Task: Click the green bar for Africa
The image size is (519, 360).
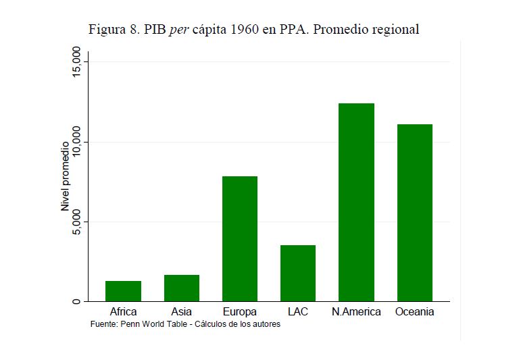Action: (x=123, y=291)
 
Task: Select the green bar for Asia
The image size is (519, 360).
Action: (x=181, y=288)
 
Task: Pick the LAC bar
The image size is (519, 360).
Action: (x=297, y=273)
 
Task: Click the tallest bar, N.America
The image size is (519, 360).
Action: (x=356, y=202)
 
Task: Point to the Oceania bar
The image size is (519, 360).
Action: (x=414, y=213)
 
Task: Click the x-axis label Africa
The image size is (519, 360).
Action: (x=123, y=312)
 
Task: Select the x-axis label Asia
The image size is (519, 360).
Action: (x=181, y=312)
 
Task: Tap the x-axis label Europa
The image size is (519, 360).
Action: (x=239, y=312)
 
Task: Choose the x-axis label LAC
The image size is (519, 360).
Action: (x=297, y=312)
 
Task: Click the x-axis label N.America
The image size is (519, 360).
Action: (x=356, y=312)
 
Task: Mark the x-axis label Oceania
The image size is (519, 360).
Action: (x=414, y=312)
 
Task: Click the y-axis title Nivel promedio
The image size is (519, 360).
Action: (x=66, y=177)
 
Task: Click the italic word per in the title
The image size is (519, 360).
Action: (x=178, y=30)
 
